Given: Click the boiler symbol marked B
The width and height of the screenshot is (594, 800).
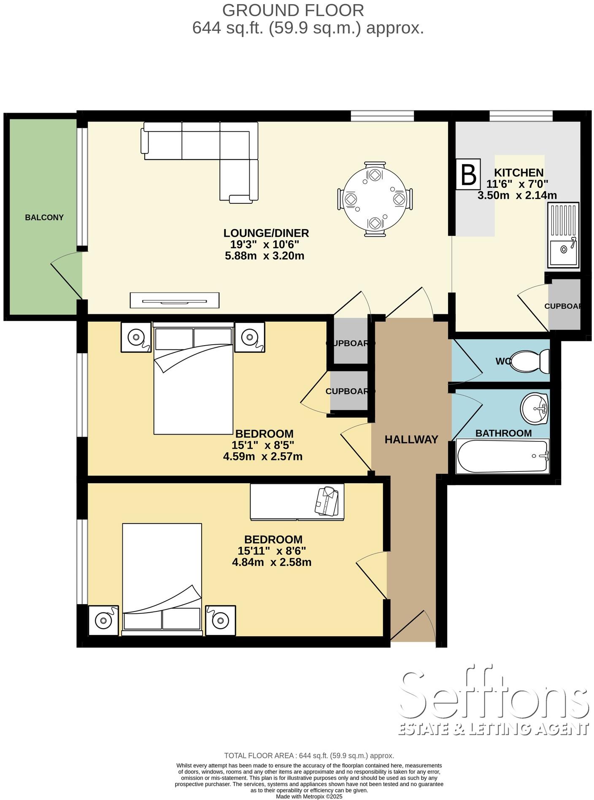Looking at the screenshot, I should (468, 174).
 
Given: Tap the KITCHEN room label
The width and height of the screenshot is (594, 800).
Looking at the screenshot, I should (518, 173).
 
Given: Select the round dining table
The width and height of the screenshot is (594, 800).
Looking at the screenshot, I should (375, 198).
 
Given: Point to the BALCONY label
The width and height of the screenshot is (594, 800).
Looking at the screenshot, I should (44, 218).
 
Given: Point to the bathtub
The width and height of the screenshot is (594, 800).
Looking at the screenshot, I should (502, 457).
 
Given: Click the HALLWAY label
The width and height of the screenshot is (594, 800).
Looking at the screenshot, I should (411, 440).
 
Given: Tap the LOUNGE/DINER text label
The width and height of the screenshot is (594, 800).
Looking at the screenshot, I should (266, 233).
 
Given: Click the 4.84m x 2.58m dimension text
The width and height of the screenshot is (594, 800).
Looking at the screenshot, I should (272, 562).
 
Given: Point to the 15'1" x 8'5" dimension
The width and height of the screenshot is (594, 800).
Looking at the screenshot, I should (263, 445).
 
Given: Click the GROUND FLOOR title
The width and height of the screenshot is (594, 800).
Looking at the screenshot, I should (293, 10).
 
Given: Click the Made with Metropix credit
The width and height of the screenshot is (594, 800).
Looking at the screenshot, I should (309, 797).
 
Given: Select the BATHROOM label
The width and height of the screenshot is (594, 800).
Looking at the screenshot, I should (503, 433).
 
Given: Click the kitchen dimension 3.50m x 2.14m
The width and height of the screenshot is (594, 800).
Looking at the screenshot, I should (517, 195).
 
